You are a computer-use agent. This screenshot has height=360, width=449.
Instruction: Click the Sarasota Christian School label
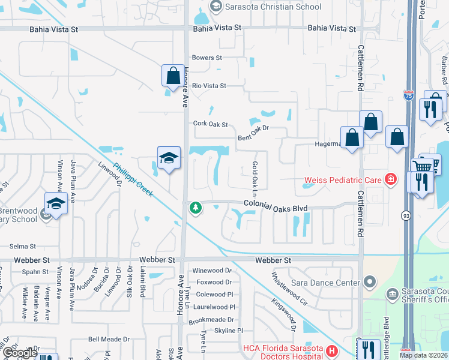point(273,7)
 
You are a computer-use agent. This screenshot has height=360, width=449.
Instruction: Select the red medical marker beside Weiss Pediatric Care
point(391,179)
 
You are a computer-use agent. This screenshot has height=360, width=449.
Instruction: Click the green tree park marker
point(195,208)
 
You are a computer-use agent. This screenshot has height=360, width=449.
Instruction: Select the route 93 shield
point(407,214)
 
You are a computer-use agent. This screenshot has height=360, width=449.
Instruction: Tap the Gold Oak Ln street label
point(255,179)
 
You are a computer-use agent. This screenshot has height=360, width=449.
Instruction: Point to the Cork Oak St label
point(211,124)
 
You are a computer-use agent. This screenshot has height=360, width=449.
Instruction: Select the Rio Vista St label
point(209,86)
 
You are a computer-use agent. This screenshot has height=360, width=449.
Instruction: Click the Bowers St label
point(206,58)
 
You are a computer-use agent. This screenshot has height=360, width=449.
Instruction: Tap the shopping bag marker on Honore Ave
point(173,77)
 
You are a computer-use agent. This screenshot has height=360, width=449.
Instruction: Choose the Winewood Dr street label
point(212,271)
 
